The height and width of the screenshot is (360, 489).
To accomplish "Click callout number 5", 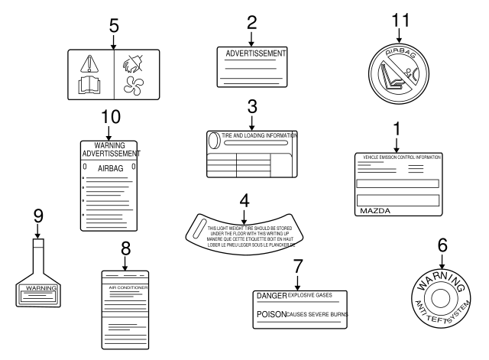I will [x=113, y=25].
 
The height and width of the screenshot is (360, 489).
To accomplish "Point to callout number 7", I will [x=297, y=267].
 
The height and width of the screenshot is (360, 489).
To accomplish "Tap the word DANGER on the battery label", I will [x=271, y=296].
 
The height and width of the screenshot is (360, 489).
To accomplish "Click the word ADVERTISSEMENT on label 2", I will [x=255, y=54].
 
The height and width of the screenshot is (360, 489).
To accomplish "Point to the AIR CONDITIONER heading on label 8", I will [x=127, y=288].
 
